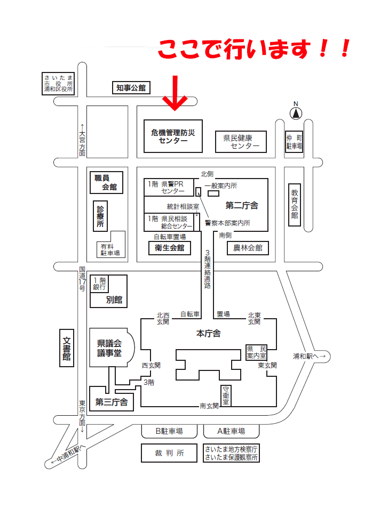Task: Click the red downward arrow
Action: pyautogui.click(x=175, y=93)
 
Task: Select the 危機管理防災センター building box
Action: pyautogui.click(x=173, y=136)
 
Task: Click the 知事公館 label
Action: pyautogui.click(x=131, y=88)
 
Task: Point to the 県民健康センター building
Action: pyautogui.click(x=241, y=142)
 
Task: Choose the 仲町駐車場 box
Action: pyautogui.click(x=294, y=142)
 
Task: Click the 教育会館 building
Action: pyautogui.click(x=295, y=205)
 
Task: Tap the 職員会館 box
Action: pyautogui.click(x=106, y=182)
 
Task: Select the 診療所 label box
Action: pyautogui.click(x=100, y=216)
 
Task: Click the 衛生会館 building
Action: pyautogui.click(x=169, y=248)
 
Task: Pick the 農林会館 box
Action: pyautogui.click(x=248, y=248)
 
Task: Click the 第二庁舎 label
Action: pyautogui.click(x=242, y=205)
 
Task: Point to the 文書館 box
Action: pyautogui.click(x=66, y=348)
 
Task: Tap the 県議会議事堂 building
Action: pyautogui.click(x=110, y=348)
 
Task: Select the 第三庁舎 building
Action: pyautogui.click(x=112, y=399)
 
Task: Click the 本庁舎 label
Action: pyautogui.click(x=208, y=333)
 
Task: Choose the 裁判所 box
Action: pyautogui.click(x=169, y=453)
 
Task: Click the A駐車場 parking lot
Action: pyautogui.click(x=231, y=431)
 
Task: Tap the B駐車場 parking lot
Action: pyautogui.click(x=169, y=431)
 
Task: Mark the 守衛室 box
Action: pyautogui.click(x=226, y=395)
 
